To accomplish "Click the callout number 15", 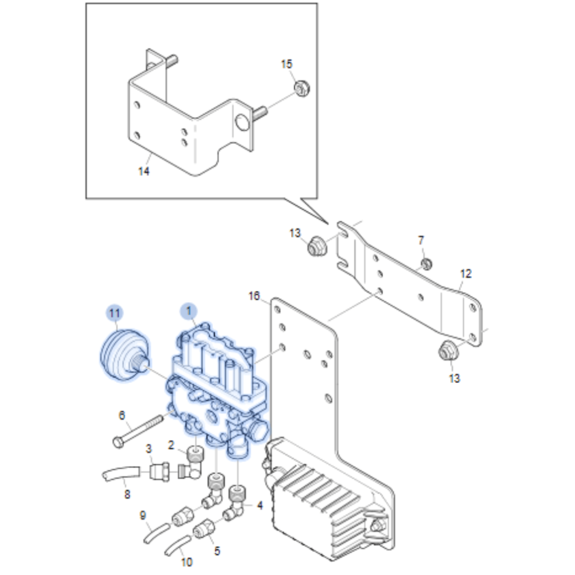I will pyautogui.click(x=286, y=64).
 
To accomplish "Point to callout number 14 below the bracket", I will pyautogui.click(x=144, y=171).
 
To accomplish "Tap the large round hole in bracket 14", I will pyautogui.click(x=242, y=122).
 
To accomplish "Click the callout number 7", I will pyautogui.click(x=421, y=239).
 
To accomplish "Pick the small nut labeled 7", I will pyautogui.click(x=426, y=263).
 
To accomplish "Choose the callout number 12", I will pyautogui.click(x=465, y=273).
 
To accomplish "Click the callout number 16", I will pyautogui.click(x=254, y=296).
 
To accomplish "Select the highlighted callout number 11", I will pyautogui.click(x=114, y=314).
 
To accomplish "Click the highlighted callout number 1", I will pyautogui.click(x=189, y=311).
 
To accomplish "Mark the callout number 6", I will pyautogui.click(x=122, y=415).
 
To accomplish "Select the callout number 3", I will pyautogui.click(x=149, y=449).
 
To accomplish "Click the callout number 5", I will pyautogui.click(x=217, y=551).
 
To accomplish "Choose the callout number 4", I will pyautogui.click(x=259, y=505).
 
